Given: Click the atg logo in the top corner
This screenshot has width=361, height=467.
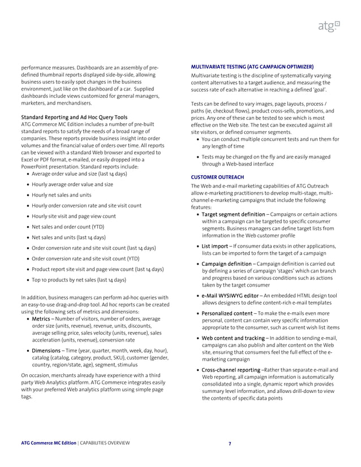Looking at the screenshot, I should pyautogui.click(x=329, y=26).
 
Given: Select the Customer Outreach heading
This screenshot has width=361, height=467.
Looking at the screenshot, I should pyautogui.click(x=218, y=177).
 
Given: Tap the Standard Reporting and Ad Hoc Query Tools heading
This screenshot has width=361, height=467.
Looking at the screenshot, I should pyautogui.click(x=74, y=118).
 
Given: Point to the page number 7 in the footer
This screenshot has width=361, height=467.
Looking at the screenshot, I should pyautogui.click(x=229, y=443).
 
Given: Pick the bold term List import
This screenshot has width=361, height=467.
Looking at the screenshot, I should pyautogui.click(x=215, y=247).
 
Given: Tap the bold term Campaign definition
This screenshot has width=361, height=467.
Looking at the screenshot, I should pyautogui.click(x=227, y=264).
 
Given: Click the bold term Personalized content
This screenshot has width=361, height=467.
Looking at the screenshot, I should pyautogui.click(x=227, y=313).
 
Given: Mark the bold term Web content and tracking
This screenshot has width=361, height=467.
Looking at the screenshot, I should pyautogui.click(x=233, y=338).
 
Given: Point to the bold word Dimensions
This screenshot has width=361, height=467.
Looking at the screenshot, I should pyautogui.click(x=48, y=351).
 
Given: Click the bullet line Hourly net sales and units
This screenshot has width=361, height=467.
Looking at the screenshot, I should pyautogui.click(x=61, y=195).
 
